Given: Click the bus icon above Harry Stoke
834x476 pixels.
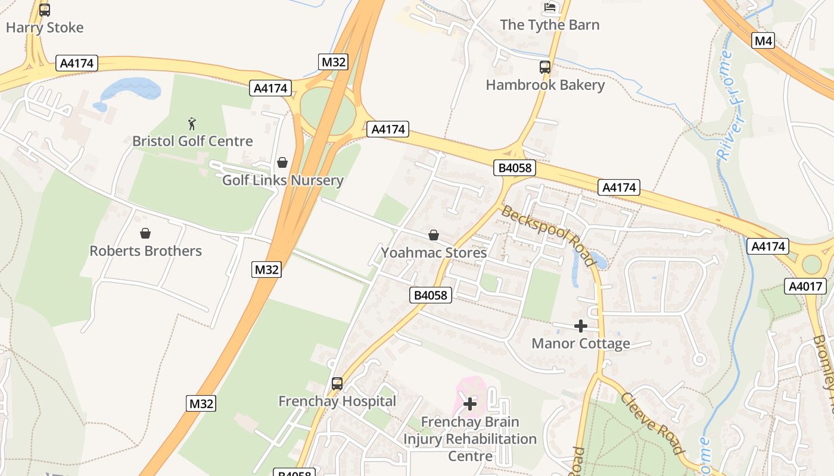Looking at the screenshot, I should pyautogui.click(x=45, y=10).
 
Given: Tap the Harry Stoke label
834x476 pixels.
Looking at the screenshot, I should pyautogui.click(x=45, y=27).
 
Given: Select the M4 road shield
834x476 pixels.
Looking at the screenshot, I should pyautogui.click(x=763, y=40).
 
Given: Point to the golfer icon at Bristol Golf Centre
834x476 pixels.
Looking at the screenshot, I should pyautogui.click(x=192, y=124).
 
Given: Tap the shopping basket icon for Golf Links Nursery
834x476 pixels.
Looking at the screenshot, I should pyautogui.click(x=282, y=162).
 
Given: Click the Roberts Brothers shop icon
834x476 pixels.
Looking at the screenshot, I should pyautogui.click(x=145, y=233).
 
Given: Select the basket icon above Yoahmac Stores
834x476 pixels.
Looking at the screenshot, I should pyautogui.click(x=434, y=235).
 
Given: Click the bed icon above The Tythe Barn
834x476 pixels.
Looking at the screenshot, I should pyautogui.click(x=550, y=7).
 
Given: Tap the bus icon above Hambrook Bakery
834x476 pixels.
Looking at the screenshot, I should pyautogui.click(x=545, y=67).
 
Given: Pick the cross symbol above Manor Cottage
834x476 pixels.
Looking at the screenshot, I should pyautogui.click(x=581, y=325).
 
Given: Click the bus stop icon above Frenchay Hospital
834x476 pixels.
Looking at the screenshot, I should pyautogui.click(x=337, y=384).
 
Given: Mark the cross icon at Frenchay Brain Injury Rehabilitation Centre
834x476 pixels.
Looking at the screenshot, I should pyautogui.click(x=470, y=404).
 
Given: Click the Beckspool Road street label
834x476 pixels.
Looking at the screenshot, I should pyautogui.click(x=548, y=236).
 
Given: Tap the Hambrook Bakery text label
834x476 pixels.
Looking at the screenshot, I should pyautogui.click(x=545, y=85).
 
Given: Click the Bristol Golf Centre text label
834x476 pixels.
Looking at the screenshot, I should pyautogui.click(x=192, y=141).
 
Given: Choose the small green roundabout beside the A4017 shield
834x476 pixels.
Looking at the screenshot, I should pyautogui.click(x=811, y=264).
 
